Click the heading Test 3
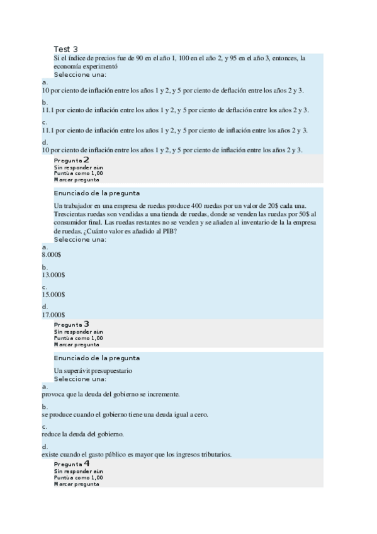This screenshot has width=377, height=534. (65, 49)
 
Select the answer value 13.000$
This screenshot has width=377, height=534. (53, 274)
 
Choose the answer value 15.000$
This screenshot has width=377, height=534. (53, 294)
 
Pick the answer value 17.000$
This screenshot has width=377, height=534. (53, 314)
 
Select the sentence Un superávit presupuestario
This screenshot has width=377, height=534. (93, 370)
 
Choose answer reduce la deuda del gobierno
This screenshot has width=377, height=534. (83, 434)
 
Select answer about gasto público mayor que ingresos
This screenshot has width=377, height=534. (137, 454)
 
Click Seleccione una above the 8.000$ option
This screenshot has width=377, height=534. (80, 239)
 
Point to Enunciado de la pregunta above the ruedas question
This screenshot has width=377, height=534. (96, 193)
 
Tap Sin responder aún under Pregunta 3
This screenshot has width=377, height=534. (78, 331)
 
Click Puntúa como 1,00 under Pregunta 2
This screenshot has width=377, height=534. (78, 173)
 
